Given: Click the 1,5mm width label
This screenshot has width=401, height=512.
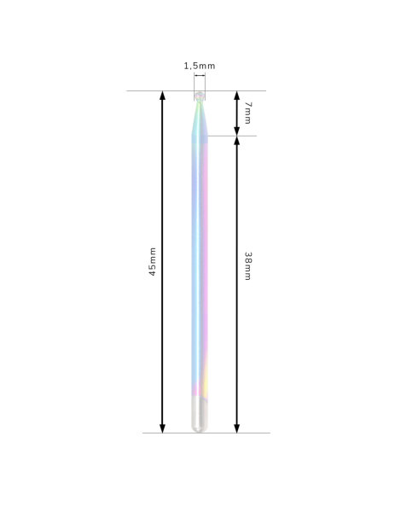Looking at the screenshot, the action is (x=200, y=66).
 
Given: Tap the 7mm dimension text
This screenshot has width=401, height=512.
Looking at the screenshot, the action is (x=248, y=113).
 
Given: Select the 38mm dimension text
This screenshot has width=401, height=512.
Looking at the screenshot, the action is (x=248, y=265).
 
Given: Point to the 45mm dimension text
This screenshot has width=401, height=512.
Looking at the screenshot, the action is (x=153, y=262).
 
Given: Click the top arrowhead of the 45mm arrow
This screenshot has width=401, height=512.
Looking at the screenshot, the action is (x=162, y=95).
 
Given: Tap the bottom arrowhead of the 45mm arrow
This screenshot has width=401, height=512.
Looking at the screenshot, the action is (x=162, y=428).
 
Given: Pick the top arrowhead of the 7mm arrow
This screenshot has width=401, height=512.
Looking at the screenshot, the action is (x=237, y=95).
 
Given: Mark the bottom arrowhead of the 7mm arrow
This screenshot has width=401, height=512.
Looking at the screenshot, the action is (x=237, y=131).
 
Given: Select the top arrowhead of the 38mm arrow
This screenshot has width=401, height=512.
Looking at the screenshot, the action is (x=237, y=141).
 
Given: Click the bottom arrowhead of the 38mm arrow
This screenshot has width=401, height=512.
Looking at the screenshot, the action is (x=237, y=428).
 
